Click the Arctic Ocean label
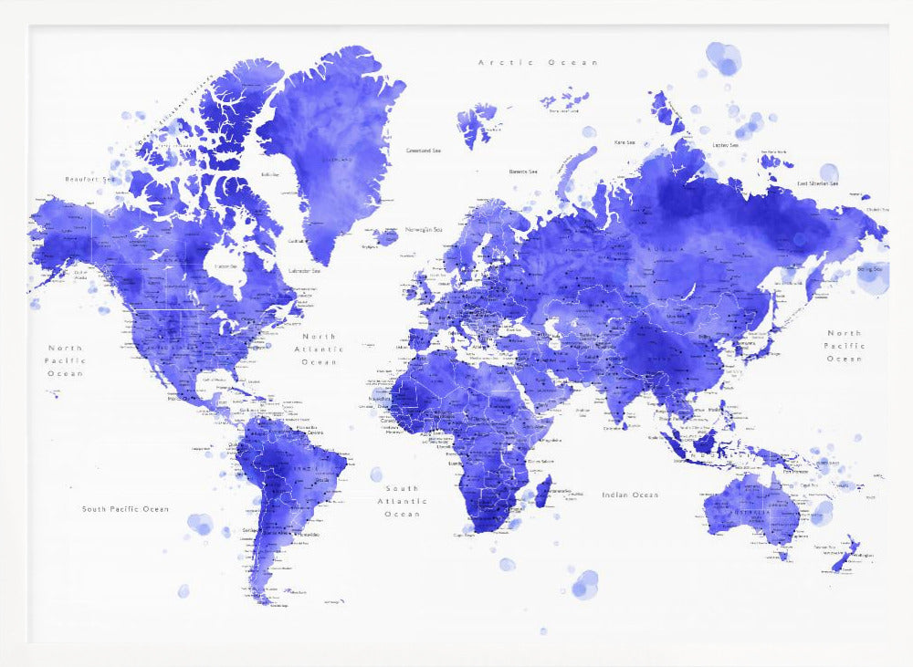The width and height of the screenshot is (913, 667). pyautogui.click(x=539, y=62)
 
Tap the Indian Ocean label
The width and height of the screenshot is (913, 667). pyautogui.click(x=630, y=495)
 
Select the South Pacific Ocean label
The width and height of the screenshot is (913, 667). pyautogui.click(x=125, y=508)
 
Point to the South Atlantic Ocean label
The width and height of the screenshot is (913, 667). pyautogui.click(x=402, y=501)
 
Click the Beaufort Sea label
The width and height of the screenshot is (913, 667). pyautogui.click(x=89, y=179)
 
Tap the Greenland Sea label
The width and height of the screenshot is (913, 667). pyautogui.click(x=424, y=150)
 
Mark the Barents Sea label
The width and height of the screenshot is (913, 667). pyautogui.click(x=523, y=171)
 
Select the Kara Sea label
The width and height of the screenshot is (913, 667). pyautogui.click(x=624, y=142)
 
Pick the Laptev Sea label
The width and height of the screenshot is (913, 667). pyautogui.click(x=725, y=144)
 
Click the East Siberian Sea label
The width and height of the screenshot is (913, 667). pyautogui.click(x=818, y=183)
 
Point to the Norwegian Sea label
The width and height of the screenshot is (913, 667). pyautogui.click(x=424, y=229)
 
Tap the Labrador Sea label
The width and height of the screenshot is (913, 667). pyautogui.click(x=303, y=270)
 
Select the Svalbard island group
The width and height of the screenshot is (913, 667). pyautogui.click(x=475, y=123)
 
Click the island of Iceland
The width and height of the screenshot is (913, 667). pyautogui.click(x=386, y=237)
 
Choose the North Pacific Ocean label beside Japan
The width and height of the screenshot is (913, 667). pyautogui.click(x=845, y=346)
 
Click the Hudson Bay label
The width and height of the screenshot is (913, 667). pyautogui.click(x=225, y=266)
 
